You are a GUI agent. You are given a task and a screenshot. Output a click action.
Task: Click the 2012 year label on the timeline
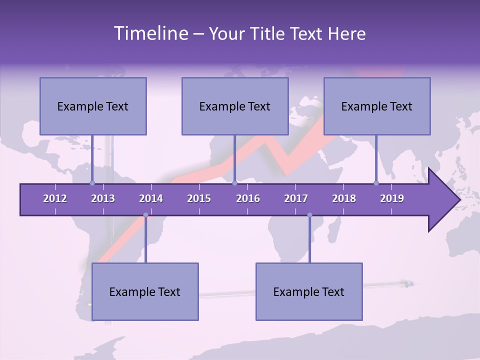(55, 198)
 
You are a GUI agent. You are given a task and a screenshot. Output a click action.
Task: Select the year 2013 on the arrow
(103, 198)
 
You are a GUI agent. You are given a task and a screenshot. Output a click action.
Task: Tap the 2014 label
(151, 198)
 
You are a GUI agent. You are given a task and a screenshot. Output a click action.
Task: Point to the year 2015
(199, 198)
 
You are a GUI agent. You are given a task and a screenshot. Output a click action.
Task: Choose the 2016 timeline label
(248, 198)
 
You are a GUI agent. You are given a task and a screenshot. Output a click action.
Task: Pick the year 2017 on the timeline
(296, 198)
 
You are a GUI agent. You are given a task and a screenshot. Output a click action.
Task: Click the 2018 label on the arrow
(344, 198)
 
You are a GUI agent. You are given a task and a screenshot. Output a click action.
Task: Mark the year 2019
(392, 198)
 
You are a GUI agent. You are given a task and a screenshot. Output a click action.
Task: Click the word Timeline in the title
(150, 33)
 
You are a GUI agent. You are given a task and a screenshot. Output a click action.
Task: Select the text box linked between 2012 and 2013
(93, 106)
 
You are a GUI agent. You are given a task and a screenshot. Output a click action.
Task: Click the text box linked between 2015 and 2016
(235, 106)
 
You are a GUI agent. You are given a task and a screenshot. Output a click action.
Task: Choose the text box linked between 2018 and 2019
(377, 106)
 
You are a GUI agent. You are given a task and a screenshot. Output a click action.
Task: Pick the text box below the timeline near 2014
(145, 291)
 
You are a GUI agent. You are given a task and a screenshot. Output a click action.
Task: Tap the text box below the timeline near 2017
(309, 291)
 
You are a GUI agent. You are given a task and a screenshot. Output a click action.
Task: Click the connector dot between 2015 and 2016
(234, 183)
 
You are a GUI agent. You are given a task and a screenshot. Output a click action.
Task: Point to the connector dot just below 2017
(309, 215)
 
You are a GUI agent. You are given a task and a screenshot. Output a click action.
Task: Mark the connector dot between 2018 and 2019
(376, 183)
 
